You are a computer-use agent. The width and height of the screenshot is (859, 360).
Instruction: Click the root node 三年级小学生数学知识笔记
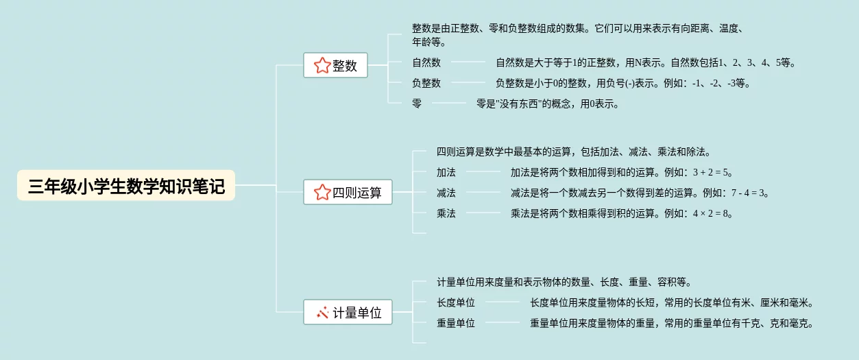(126, 186)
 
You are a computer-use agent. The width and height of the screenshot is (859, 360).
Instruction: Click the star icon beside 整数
(322, 66)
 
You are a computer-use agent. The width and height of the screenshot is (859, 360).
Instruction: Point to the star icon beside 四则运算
(322, 193)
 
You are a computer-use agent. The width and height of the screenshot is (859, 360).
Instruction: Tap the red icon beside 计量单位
(322, 313)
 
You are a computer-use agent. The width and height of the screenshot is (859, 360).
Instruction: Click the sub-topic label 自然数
(426, 62)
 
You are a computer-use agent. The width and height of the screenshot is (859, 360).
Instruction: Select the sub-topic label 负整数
(426, 83)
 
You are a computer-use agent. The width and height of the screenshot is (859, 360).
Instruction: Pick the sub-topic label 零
(417, 104)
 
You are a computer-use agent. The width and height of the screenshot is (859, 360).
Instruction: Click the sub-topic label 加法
(446, 172)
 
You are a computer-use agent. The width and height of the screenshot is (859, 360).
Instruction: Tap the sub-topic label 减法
(446, 193)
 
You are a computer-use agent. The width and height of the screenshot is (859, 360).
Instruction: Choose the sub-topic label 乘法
(446, 213)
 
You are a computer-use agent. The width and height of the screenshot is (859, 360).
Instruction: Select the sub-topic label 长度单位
(456, 302)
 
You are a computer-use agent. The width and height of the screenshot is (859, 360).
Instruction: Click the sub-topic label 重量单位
(456, 323)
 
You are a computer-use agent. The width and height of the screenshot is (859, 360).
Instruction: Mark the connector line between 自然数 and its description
(468, 62)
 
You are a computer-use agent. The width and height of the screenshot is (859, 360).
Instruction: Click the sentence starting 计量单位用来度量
(564, 282)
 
